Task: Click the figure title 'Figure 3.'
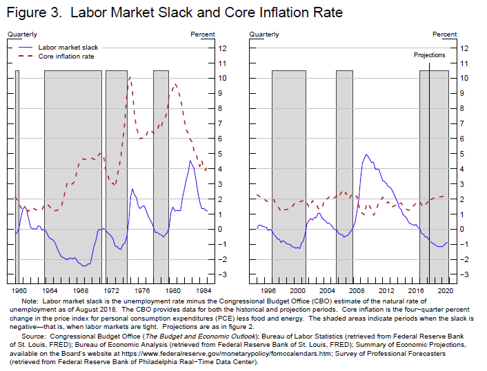point(34,13)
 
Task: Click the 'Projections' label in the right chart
point(429,55)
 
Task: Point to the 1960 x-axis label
point(20,290)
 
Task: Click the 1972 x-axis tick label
point(112,290)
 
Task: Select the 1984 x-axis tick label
point(203,290)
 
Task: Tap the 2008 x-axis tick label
point(358,290)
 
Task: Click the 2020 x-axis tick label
point(445,290)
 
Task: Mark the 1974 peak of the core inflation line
point(130,77)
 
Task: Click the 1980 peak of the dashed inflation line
point(175,84)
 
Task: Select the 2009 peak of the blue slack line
point(366,154)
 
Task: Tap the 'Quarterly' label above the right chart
point(264,34)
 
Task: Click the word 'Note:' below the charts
point(30,301)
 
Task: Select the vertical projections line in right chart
point(429,172)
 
